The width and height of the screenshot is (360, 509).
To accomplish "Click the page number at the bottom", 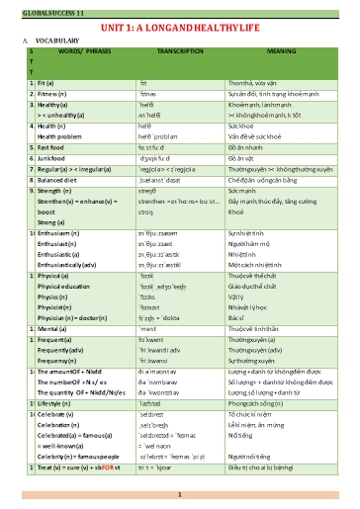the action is pyautogui.click(x=179, y=494).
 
